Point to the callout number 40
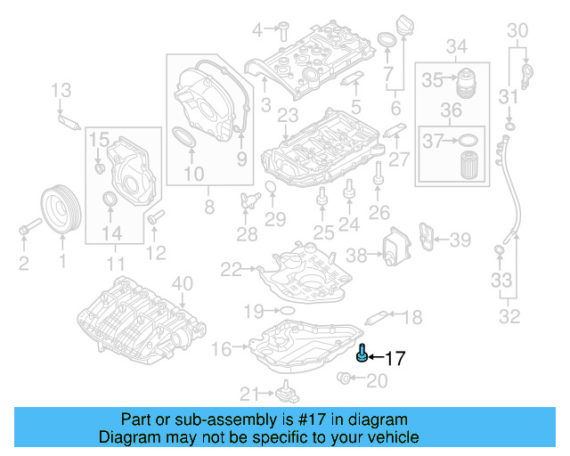(x=182, y=284)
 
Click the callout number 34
(x=456, y=45)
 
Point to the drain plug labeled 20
(x=346, y=381)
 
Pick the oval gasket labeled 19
(x=286, y=311)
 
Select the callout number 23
(x=287, y=116)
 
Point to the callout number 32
(x=509, y=314)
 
